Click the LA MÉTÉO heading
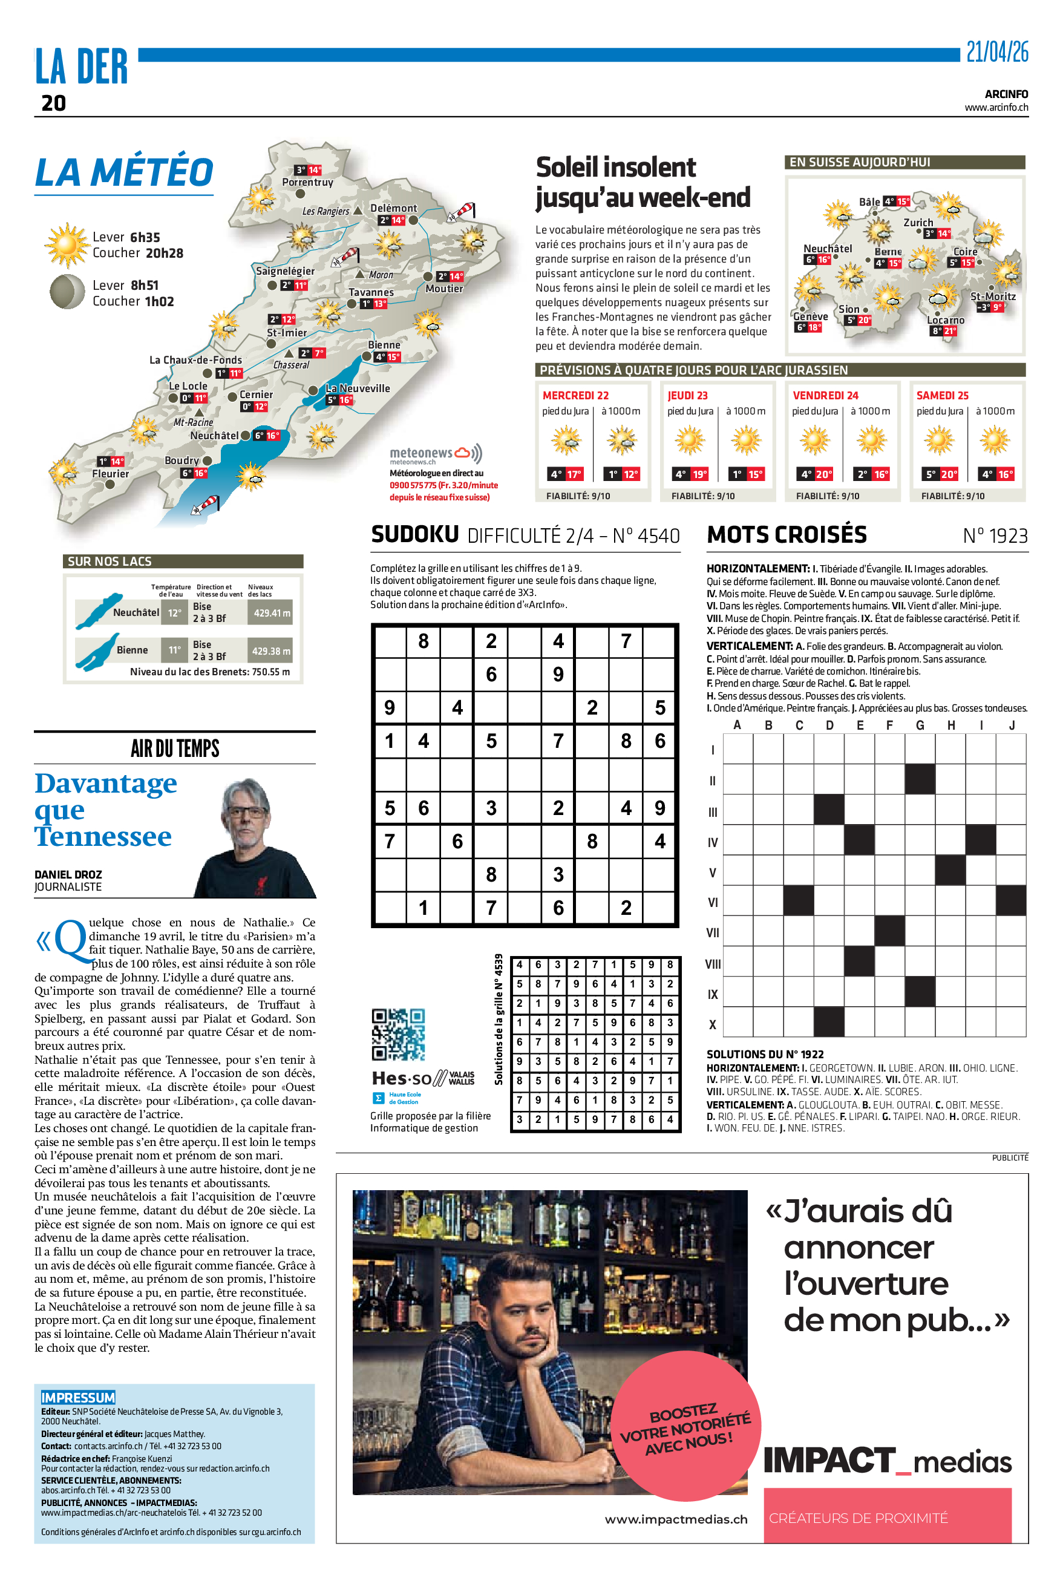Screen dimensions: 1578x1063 (124, 172)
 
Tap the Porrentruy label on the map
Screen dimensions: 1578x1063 (307, 182)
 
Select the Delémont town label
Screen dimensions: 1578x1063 (393, 208)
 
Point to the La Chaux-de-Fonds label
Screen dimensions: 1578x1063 (195, 360)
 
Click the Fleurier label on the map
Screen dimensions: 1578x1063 (111, 474)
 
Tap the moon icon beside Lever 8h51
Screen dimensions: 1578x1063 (67, 292)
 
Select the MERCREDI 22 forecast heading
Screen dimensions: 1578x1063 (575, 395)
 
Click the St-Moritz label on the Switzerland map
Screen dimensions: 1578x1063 (992, 296)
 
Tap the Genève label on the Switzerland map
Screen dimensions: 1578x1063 (810, 316)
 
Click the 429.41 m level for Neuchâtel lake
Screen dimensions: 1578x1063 (271, 613)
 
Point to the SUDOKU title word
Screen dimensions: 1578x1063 (414, 534)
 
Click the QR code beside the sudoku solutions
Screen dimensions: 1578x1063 (398, 1035)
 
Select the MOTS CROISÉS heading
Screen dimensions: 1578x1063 (787, 535)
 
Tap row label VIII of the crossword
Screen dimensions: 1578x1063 (713, 964)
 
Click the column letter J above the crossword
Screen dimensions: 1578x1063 (1012, 725)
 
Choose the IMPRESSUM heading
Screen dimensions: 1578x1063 (78, 1397)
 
